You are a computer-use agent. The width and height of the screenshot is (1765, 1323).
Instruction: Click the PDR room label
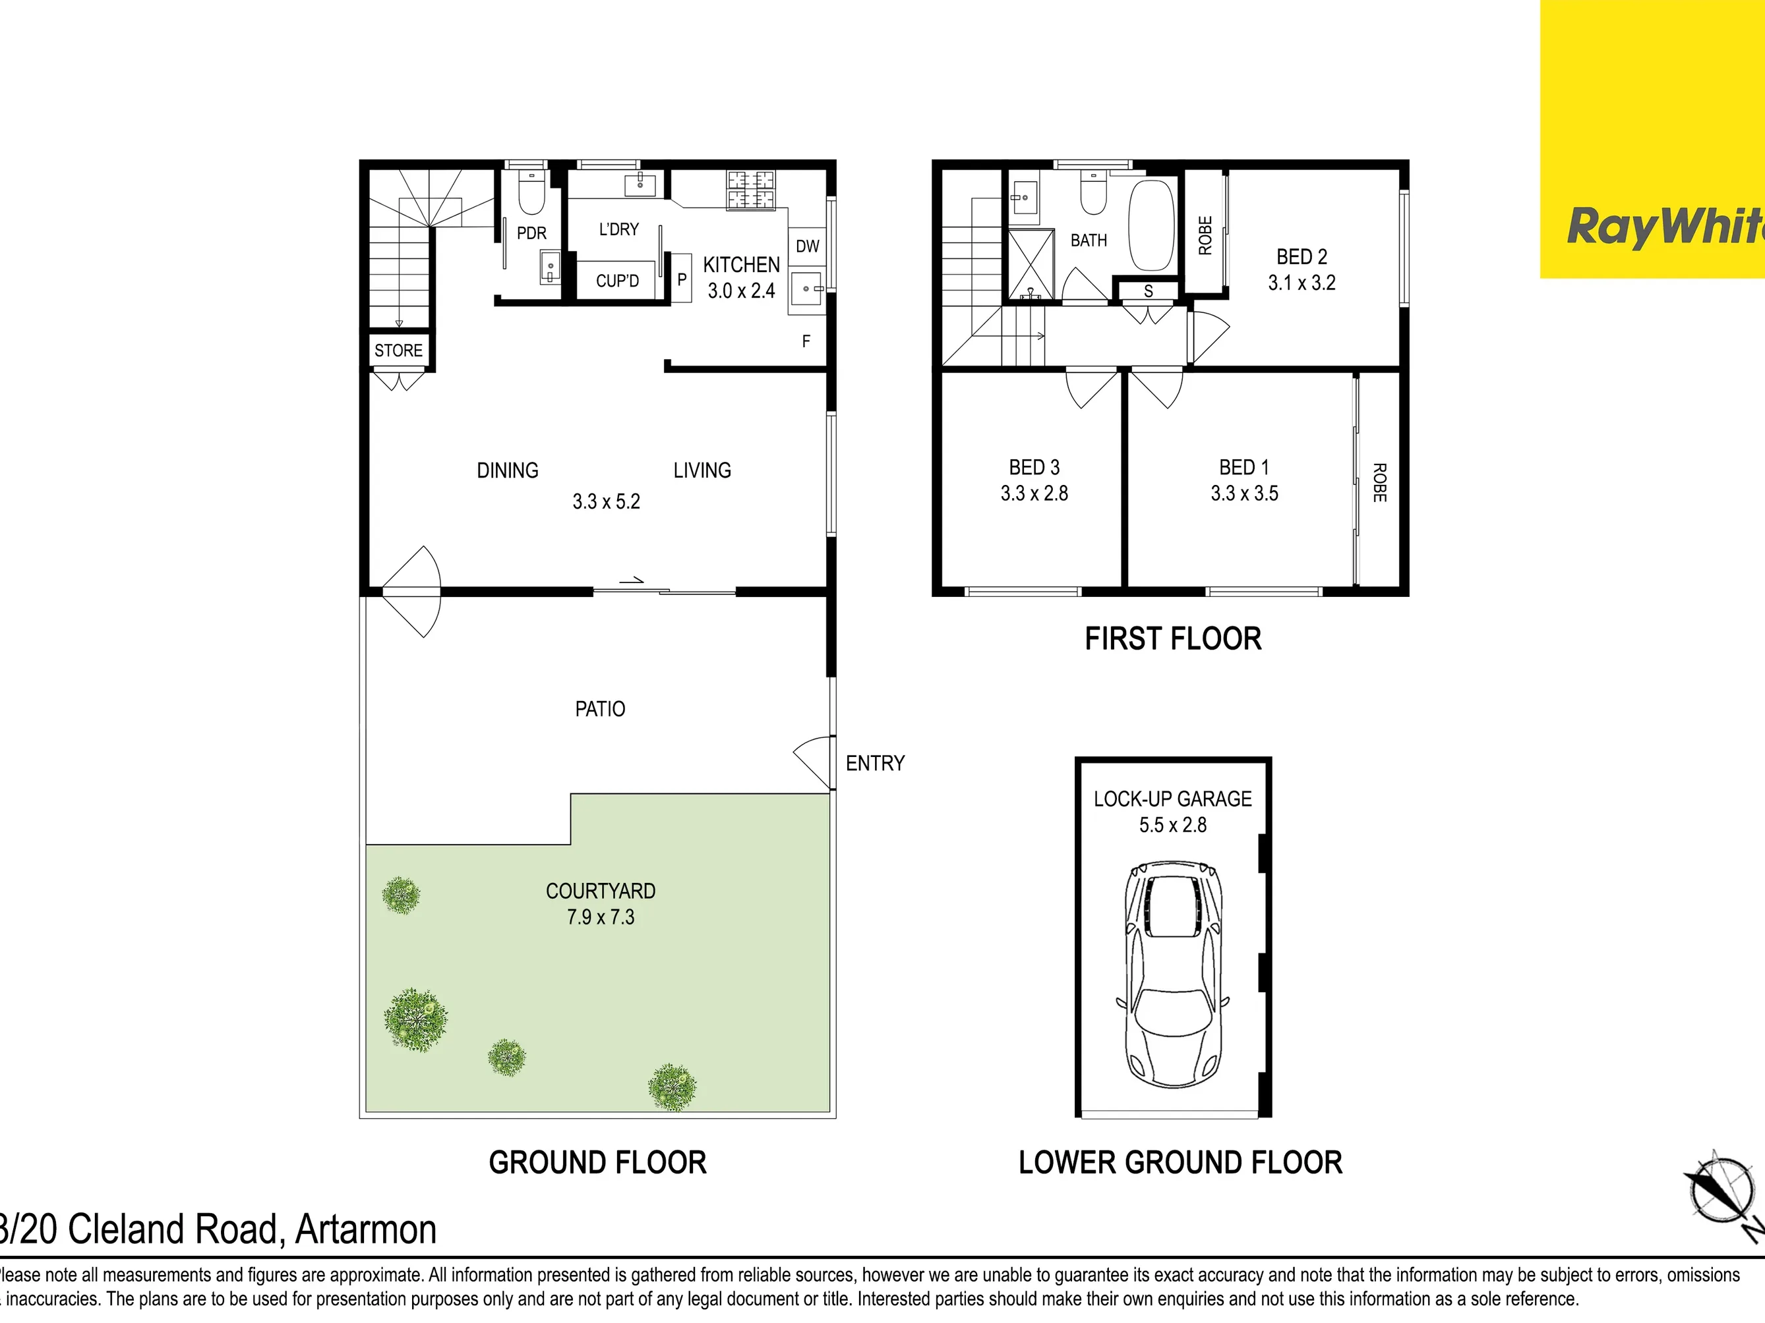tap(531, 233)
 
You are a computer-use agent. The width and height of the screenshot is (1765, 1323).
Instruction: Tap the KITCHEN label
tap(741, 265)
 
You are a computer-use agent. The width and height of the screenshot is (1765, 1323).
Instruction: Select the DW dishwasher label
tap(808, 246)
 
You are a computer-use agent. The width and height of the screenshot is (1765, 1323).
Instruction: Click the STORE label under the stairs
tap(399, 350)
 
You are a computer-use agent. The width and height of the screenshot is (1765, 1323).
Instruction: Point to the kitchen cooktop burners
tap(751, 190)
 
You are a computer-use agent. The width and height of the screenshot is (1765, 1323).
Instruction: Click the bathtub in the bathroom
tap(1151, 226)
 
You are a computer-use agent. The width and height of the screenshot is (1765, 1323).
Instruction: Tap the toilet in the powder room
tap(531, 192)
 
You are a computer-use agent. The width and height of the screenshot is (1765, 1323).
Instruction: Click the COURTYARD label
tap(601, 891)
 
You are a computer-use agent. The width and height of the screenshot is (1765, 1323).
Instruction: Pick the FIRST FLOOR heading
tap(1173, 639)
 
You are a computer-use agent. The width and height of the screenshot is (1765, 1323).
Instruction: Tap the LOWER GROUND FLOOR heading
tap(1180, 1162)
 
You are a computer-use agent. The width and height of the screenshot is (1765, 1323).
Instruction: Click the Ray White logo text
tap(1666, 227)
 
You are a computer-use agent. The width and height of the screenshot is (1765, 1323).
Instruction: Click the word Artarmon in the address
tap(366, 1229)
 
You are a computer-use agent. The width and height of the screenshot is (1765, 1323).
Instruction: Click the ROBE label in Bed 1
tap(1379, 482)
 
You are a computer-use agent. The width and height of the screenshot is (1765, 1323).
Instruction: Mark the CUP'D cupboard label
tap(618, 281)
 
